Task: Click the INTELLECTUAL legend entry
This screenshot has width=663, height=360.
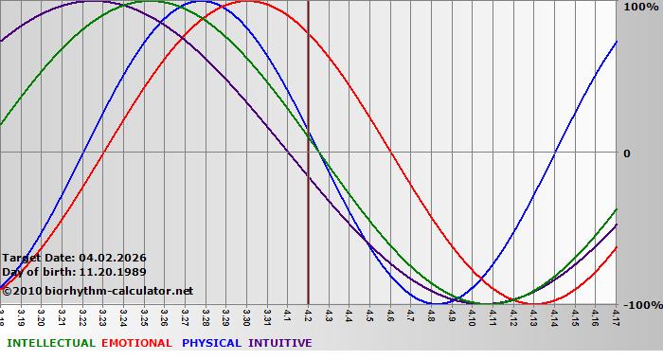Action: (x=49, y=343)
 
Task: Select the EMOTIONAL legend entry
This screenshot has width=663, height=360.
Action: (x=136, y=343)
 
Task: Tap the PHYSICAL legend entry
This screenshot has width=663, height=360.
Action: (x=212, y=343)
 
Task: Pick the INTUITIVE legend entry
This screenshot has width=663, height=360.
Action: (x=280, y=343)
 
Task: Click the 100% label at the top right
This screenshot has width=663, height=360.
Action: (x=640, y=8)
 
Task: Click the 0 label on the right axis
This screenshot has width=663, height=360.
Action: (x=627, y=153)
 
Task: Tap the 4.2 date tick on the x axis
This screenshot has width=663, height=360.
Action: (x=308, y=313)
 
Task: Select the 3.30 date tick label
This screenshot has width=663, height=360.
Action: (x=246, y=315)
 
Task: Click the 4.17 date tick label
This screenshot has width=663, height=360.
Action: (x=617, y=315)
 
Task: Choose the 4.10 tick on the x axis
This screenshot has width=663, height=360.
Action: (x=473, y=315)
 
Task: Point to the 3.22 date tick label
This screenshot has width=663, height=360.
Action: (x=82, y=315)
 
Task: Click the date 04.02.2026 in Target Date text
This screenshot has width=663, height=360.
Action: (x=112, y=258)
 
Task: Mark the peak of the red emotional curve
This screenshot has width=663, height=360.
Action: (x=248, y=1)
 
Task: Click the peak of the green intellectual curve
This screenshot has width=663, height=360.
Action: (x=152, y=1)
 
